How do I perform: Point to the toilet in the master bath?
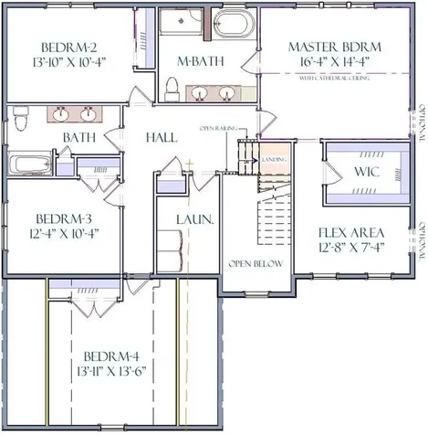coord(172,87)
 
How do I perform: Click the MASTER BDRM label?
coord(333,47)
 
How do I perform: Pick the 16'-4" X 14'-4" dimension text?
coord(333,63)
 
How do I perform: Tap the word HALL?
coord(162,137)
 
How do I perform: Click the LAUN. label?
coord(195,220)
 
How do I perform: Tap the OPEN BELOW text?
coord(256,263)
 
